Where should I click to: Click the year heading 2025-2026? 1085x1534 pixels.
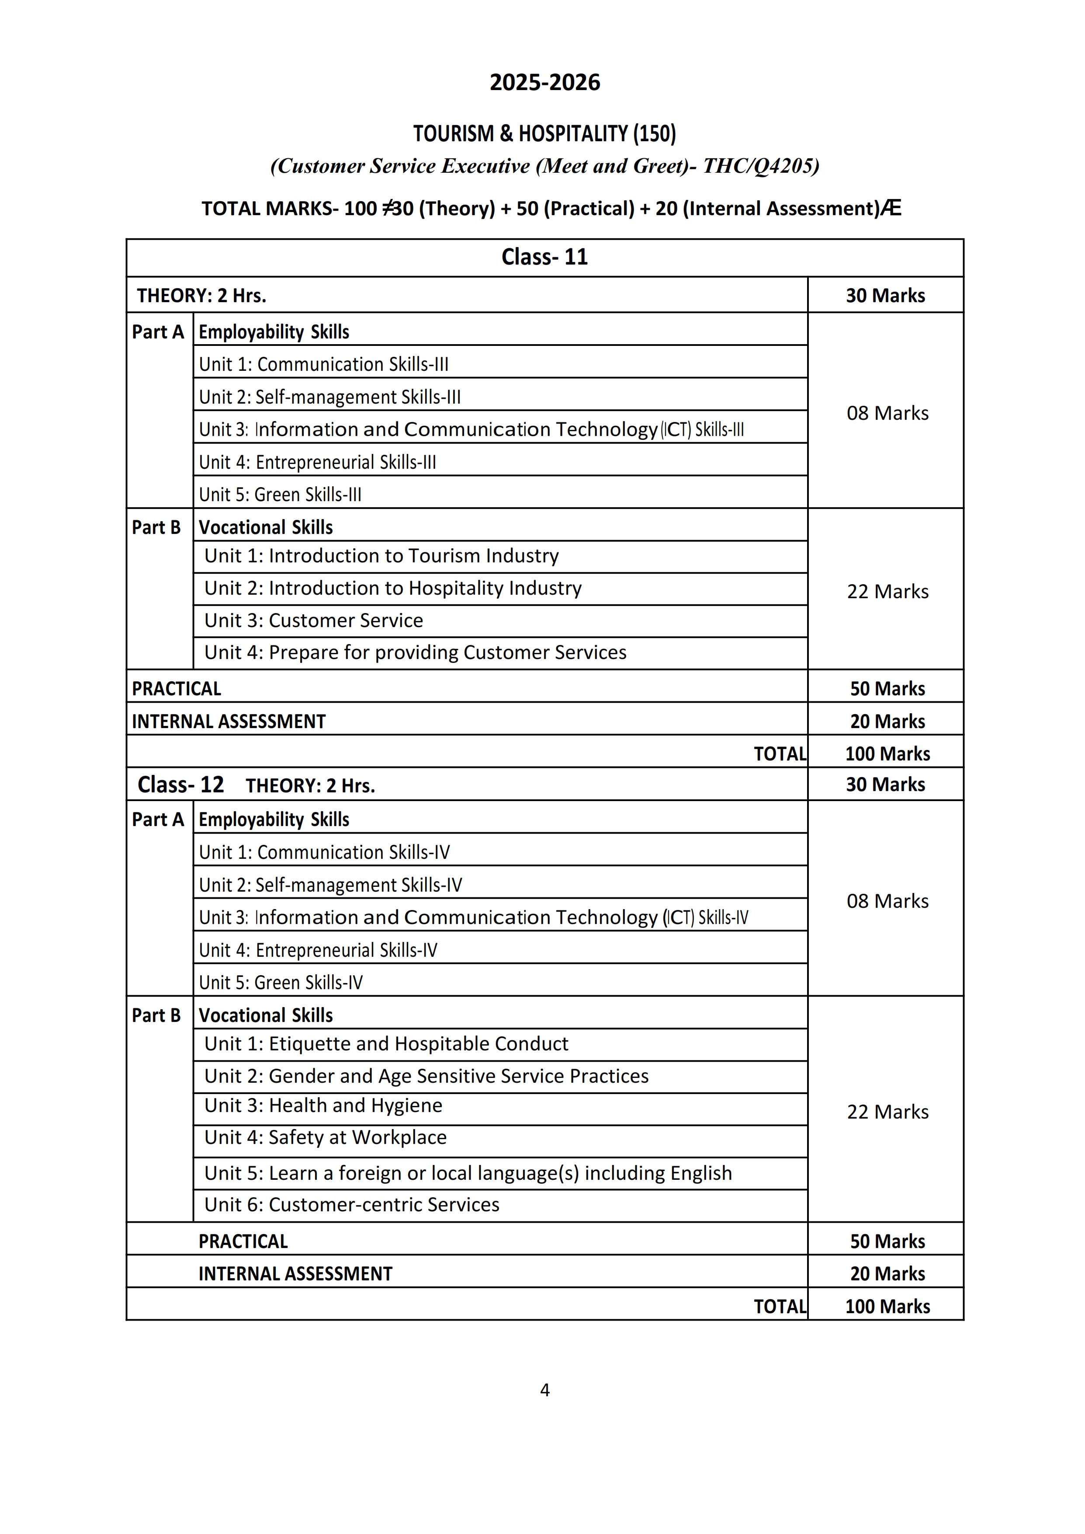[544, 82]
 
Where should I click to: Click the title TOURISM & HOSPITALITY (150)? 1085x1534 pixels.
[544, 134]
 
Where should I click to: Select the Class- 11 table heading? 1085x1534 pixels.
[544, 257]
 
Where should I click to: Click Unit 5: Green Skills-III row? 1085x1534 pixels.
[280, 495]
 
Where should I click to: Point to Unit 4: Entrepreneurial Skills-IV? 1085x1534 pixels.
[318, 950]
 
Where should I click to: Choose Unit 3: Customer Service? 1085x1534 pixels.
[313, 620]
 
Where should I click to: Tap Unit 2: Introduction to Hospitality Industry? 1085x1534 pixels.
[393, 588]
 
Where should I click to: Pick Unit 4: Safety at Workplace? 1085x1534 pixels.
[326, 1138]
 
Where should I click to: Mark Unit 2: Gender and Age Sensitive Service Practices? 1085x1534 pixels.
[426, 1076]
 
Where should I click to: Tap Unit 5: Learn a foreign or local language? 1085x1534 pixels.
[468, 1173]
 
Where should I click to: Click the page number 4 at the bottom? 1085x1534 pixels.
[544, 1390]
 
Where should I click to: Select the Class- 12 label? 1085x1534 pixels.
[180, 785]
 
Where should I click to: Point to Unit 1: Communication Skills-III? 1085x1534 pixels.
[323, 364]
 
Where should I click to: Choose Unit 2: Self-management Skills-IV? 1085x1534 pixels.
[330, 885]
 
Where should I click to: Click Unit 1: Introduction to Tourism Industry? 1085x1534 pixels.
[381, 556]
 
